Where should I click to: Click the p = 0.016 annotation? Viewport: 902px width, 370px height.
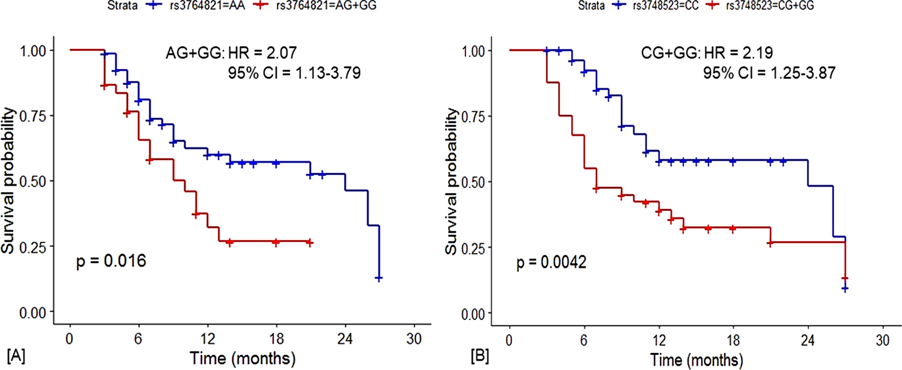pos(111,261)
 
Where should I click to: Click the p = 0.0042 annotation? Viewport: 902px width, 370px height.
pos(551,262)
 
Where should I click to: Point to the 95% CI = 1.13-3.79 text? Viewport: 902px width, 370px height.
pos(294,73)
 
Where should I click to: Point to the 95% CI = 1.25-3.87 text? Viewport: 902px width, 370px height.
pos(769,73)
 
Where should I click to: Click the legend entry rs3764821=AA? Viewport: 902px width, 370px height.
pos(207,6)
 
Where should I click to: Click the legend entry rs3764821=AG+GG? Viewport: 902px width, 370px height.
pos(326,6)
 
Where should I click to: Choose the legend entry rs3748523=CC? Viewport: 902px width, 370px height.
pos(665,6)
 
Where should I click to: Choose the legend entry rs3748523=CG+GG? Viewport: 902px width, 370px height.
pos(770,6)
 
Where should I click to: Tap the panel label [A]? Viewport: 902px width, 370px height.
pos(16,355)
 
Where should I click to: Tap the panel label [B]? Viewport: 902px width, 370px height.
pos(480,355)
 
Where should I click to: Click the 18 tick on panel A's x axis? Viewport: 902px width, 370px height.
pos(276,338)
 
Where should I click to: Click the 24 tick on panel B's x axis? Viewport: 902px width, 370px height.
pos(808,340)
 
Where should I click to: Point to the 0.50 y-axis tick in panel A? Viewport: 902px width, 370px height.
pos(33,181)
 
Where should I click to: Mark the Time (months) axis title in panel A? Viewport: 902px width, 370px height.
pos(243,358)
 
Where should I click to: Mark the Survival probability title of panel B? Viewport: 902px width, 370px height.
pos(452,181)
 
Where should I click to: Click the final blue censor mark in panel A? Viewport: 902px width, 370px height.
pos(379,278)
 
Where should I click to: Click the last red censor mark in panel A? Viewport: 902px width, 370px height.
pos(310,243)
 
